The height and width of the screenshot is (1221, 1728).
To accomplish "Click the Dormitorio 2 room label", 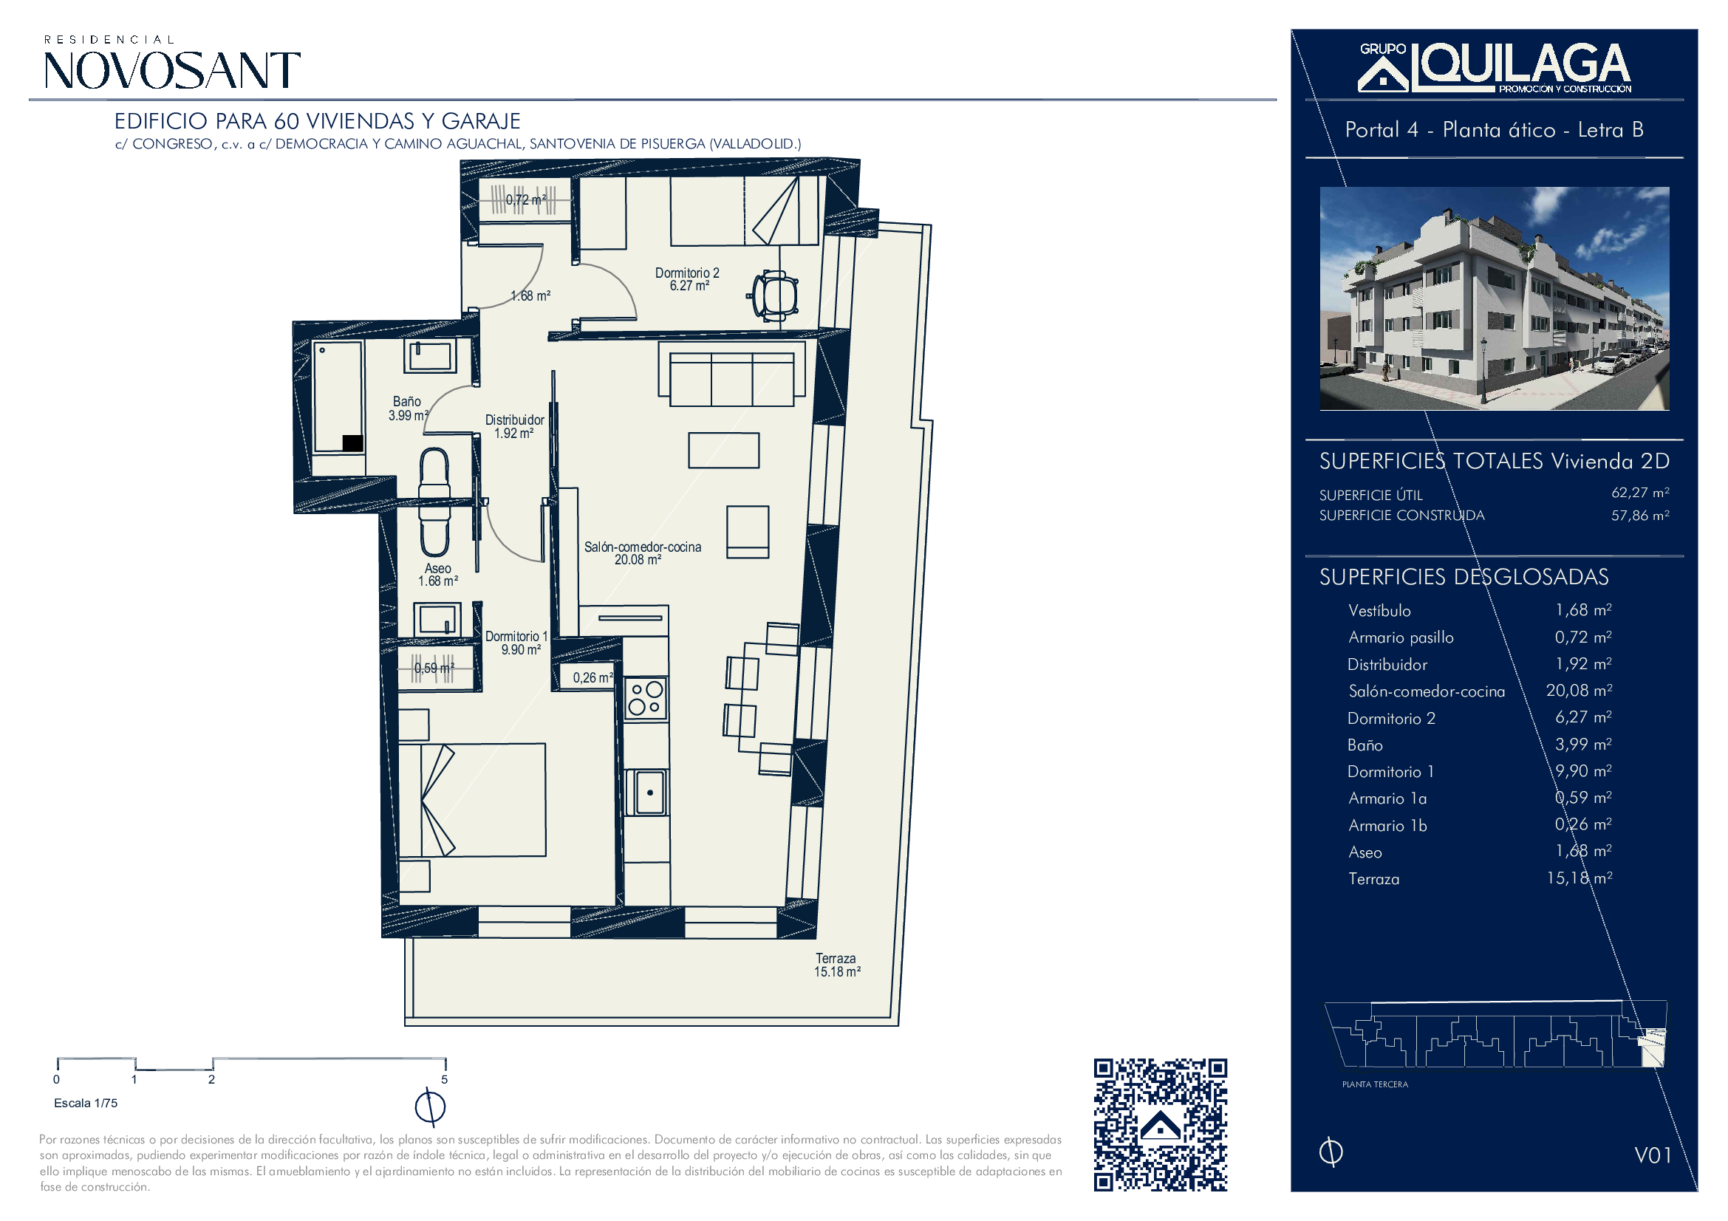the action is click(686, 279).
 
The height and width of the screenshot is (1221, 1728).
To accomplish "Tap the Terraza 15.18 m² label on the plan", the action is click(837, 965).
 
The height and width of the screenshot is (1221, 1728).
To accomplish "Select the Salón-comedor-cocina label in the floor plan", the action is click(642, 553).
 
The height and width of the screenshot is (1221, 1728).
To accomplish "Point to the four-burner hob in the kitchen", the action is click(646, 697).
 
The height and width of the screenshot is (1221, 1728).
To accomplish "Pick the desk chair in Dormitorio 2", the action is click(774, 295).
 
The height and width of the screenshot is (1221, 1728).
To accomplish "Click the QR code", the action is click(1160, 1125).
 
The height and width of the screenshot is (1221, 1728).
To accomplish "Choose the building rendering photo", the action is click(1494, 298).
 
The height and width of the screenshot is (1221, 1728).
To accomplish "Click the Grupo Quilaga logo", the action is click(1495, 68).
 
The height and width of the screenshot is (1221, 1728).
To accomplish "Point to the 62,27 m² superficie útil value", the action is click(1640, 493).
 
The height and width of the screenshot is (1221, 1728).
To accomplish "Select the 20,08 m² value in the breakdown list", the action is click(1579, 691).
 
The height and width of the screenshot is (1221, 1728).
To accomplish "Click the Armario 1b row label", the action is click(1387, 825).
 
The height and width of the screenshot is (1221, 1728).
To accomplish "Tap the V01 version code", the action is click(1653, 1155).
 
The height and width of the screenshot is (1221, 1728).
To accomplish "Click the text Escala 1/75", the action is click(86, 1103).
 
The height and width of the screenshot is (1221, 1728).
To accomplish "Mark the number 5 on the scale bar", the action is click(444, 1080).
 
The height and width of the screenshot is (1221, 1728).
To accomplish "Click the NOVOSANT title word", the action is click(172, 71).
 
